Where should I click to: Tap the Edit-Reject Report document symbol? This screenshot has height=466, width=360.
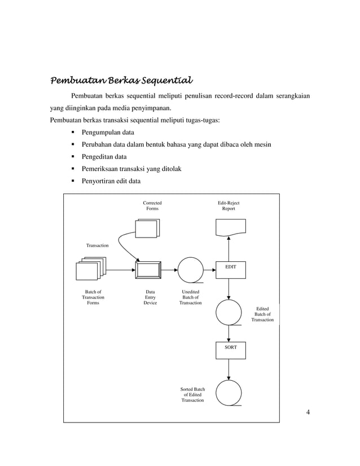tap(231, 227)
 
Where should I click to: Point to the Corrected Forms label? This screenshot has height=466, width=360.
tap(152, 205)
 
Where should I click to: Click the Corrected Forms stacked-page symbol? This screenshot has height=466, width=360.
tap(148, 227)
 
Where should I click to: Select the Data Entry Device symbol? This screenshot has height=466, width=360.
tap(148, 270)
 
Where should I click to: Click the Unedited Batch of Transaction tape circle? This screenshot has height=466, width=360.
tap(191, 270)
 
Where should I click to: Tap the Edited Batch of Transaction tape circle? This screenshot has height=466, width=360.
tap(229, 313)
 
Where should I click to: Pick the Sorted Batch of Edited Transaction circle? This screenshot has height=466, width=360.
tap(229, 393)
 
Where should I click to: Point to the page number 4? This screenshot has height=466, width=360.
tap(308, 412)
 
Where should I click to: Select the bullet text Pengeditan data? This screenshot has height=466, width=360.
tap(104, 157)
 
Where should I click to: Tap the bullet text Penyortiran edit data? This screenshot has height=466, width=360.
tap(111, 181)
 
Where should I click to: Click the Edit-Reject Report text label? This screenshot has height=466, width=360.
tap(229, 205)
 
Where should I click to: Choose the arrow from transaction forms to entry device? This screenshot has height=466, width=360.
tap(120, 270)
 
